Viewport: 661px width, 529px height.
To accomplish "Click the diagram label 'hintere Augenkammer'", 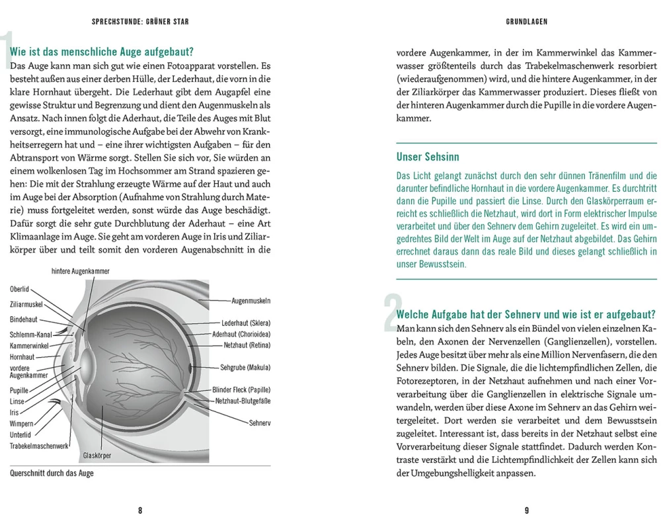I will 80,272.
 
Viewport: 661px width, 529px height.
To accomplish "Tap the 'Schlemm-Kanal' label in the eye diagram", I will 31,335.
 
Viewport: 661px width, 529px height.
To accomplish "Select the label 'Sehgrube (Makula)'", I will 245,367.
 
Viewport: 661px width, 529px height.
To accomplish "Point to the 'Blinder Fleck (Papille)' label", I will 242,390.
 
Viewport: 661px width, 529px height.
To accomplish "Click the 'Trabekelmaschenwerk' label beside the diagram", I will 40,446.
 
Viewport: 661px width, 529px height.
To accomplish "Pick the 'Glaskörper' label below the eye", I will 97,456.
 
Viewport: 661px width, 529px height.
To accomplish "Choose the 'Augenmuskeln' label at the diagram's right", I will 251,302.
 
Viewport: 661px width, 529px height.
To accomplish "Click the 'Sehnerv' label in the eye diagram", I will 260,423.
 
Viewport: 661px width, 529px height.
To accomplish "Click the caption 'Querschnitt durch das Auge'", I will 52,473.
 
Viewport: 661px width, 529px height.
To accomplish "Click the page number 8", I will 140,510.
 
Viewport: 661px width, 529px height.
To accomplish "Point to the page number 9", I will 526,510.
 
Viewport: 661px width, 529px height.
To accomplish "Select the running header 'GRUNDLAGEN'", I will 527,22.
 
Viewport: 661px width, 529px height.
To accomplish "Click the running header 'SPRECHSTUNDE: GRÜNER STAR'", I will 140,22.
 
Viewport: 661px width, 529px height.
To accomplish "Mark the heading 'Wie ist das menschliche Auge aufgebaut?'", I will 102,52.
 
